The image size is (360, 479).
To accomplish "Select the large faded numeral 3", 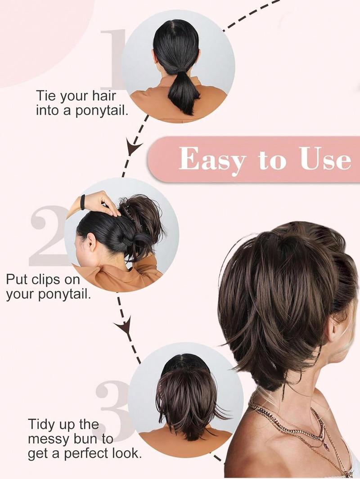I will [x=112, y=405].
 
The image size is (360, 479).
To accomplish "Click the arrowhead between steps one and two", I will [x=134, y=148].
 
